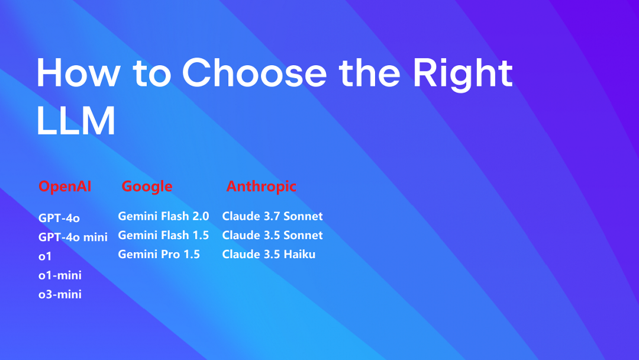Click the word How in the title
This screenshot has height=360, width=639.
point(78,73)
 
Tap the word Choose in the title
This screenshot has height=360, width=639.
point(254,73)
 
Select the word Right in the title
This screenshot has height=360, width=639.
point(463,74)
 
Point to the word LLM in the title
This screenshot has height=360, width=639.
point(76,120)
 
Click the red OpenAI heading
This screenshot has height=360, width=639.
point(65,187)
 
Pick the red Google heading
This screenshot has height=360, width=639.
point(147,187)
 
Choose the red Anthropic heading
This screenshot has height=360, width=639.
point(262,187)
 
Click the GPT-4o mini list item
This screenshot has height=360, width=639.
point(73,237)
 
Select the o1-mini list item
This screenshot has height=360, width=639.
point(60,275)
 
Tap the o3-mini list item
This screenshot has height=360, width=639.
point(60,294)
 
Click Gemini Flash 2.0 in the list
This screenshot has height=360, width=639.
point(163,216)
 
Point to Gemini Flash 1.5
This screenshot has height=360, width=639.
point(163,235)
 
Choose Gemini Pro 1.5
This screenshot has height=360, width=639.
point(159,255)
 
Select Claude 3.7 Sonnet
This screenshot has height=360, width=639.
point(272,216)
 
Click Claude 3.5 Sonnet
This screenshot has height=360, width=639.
point(272,235)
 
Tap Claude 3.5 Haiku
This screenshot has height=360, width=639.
point(269,255)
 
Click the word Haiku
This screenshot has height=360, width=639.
point(299,255)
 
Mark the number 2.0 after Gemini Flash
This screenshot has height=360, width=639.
point(201,216)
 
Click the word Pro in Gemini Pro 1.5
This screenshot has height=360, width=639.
point(170,255)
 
